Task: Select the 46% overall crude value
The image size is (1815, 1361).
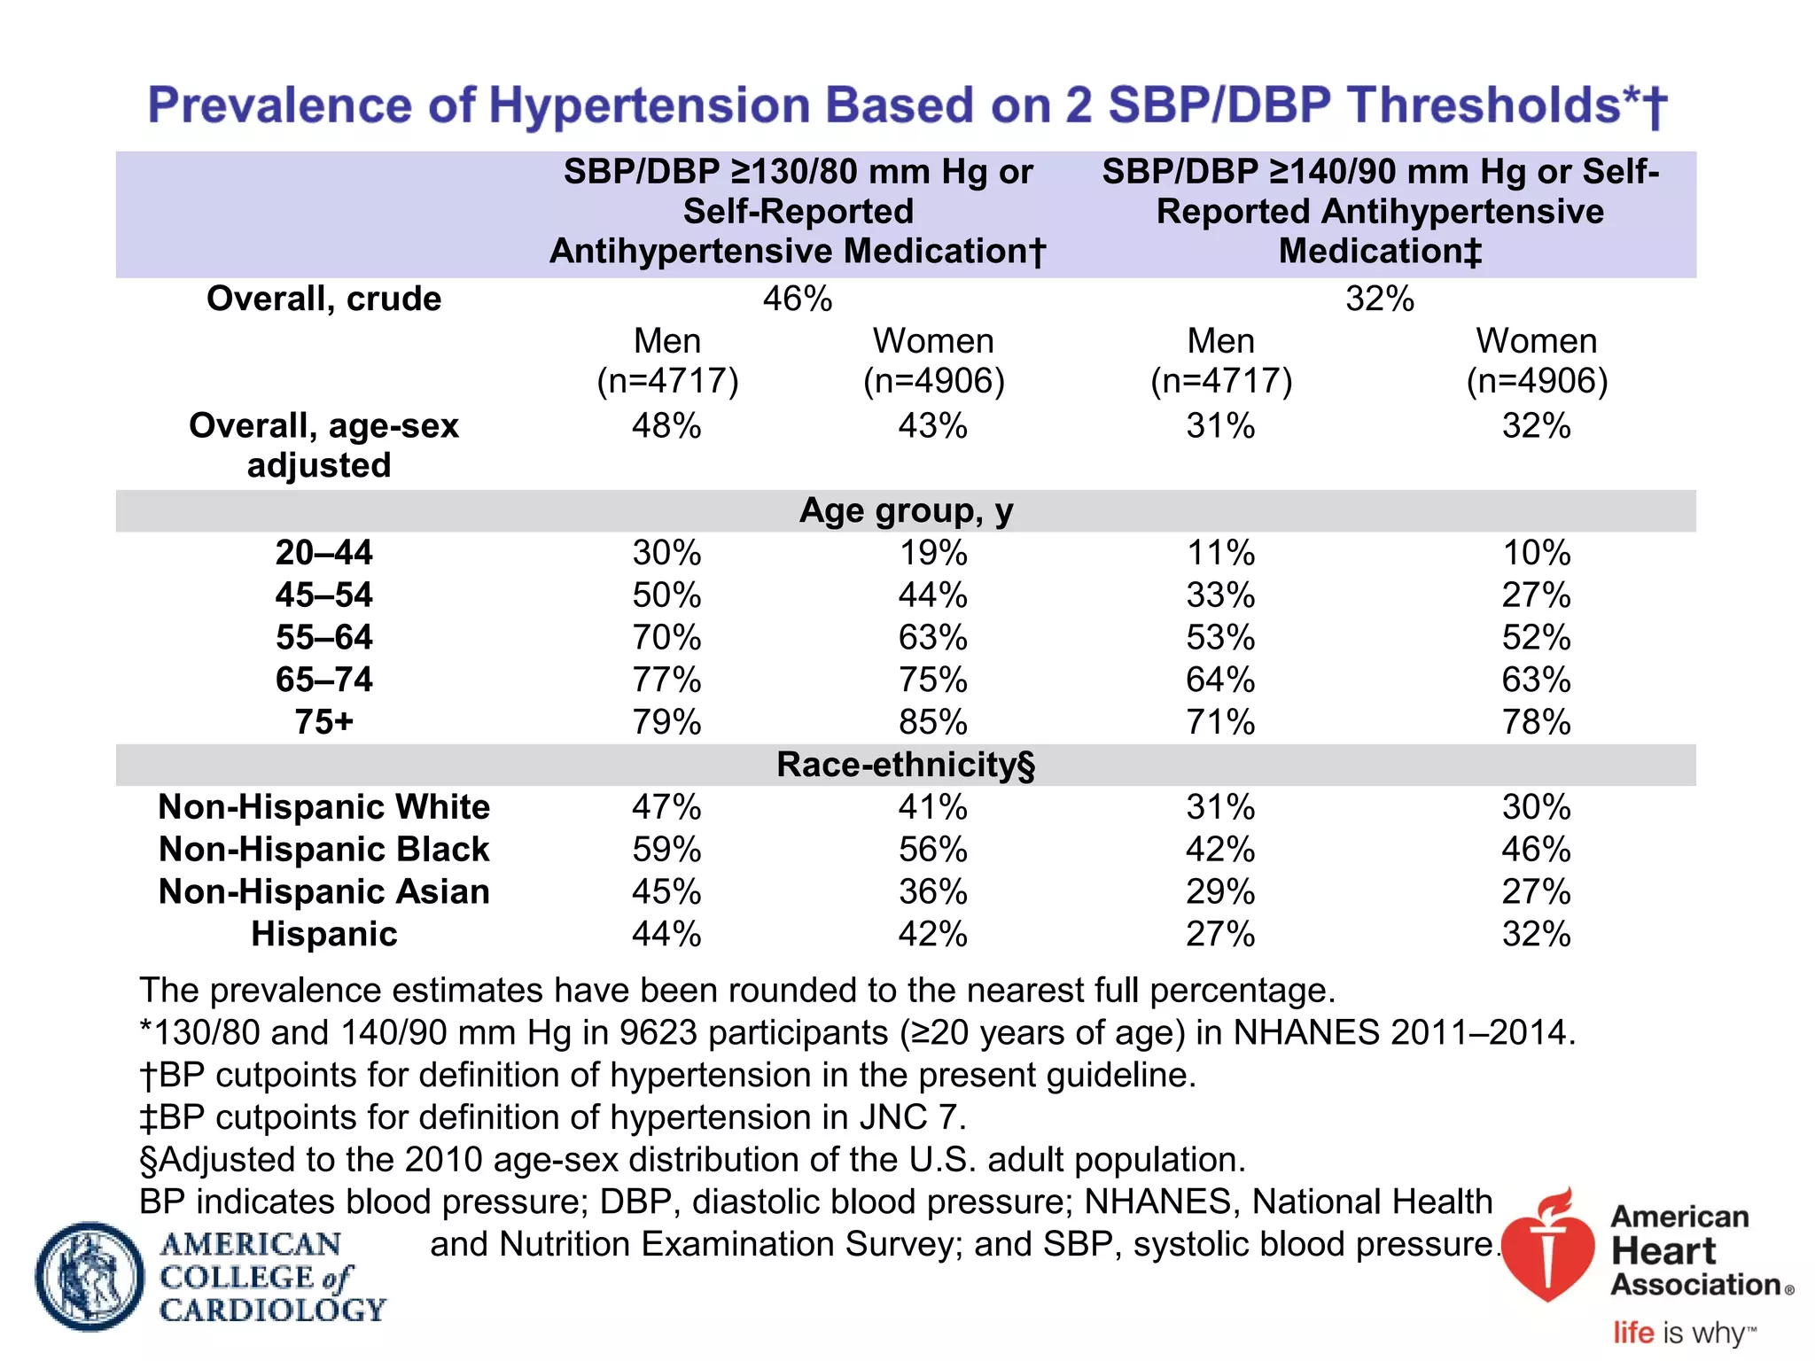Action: pos(798,299)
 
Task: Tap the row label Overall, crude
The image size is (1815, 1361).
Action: pos(323,299)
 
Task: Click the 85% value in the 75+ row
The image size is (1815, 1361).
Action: pos(932,722)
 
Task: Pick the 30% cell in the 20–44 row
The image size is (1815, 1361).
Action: pos(666,553)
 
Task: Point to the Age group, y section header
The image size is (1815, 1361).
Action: pos(906,511)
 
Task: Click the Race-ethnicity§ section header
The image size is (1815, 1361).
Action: pos(906,765)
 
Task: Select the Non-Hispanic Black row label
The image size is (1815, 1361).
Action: pos(323,850)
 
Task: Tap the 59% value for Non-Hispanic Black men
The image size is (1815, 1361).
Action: pos(666,850)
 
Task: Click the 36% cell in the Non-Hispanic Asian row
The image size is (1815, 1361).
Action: pos(932,891)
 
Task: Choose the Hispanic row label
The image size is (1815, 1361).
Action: pos(323,934)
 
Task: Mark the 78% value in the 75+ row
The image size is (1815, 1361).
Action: pos(1536,722)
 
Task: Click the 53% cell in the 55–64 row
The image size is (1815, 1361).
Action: pos(1220,638)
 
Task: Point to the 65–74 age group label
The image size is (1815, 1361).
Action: pos(323,680)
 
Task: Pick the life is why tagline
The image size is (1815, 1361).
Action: pos(1684,1333)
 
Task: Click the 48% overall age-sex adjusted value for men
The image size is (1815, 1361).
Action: pos(666,426)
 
